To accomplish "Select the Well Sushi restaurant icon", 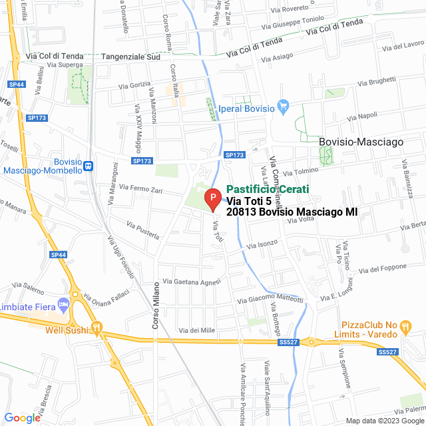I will click(97, 328).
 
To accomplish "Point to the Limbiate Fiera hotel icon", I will click(64, 305).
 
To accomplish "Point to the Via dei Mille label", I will click(197, 331).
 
